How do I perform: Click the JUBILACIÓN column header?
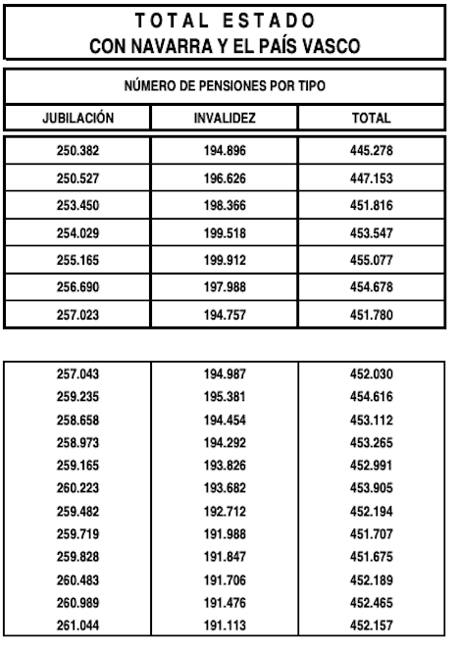tap(78, 118)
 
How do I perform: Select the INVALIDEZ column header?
tap(225, 118)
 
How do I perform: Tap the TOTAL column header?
tap(372, 118)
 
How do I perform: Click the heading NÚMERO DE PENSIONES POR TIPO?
tap(225, 87)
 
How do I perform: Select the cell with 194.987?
tap(225, 375)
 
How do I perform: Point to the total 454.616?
tap(372, 396)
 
